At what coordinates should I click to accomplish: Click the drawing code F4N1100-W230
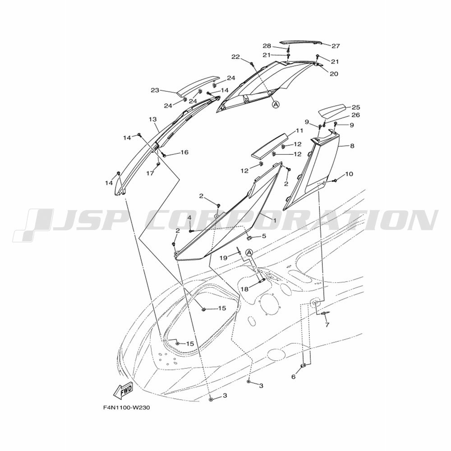tap(126, 408)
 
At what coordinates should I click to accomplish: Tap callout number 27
tap(336, 46)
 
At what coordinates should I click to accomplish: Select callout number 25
tap(356, 107)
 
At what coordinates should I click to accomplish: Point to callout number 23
tap(155, 90)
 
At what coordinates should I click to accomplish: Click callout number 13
tap(153, 119)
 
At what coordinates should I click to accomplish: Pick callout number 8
tap(352, 146)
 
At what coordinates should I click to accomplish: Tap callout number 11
tap(299, 131)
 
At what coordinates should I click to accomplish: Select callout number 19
tap(224, 258)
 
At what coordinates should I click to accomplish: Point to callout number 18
tap(244, 289)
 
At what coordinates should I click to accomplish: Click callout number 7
tap(327, 325)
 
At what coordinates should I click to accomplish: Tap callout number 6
tap(294, 377)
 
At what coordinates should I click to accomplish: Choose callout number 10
tap(349, 174)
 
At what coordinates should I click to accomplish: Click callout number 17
tap(150, 173)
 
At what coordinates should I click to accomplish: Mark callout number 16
tap(184, 152)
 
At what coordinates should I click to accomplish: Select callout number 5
tap(264, 236)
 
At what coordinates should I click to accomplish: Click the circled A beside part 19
tap(249, 252)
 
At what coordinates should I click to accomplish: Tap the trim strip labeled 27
tap(301, 42)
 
